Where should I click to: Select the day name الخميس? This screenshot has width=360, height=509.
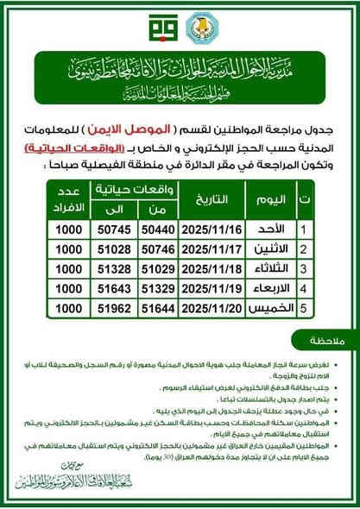tap(268, 307)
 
